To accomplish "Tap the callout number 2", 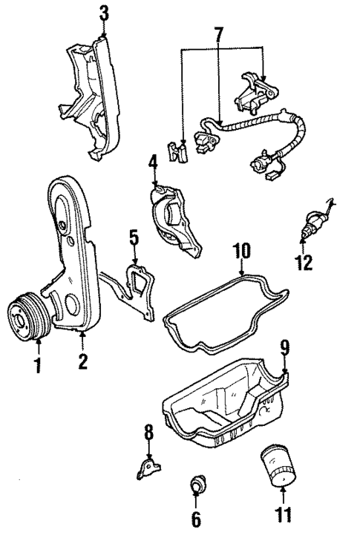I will click(x=83, y=362).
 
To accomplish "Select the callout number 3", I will click(x=104, y=13).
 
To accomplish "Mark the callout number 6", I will click(x=196, y=519).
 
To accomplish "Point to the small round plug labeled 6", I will click(x=197, y=486).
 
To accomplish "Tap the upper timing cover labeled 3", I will click(x=89, y=96).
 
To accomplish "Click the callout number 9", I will click(x=284, y=346).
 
